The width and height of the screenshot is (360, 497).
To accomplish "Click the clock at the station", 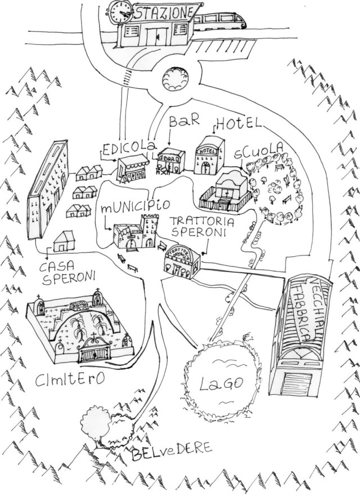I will tap(120, 11).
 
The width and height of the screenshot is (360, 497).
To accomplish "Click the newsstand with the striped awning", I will tap(133, 169).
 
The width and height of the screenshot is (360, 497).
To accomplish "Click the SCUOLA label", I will tap(258, 152).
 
